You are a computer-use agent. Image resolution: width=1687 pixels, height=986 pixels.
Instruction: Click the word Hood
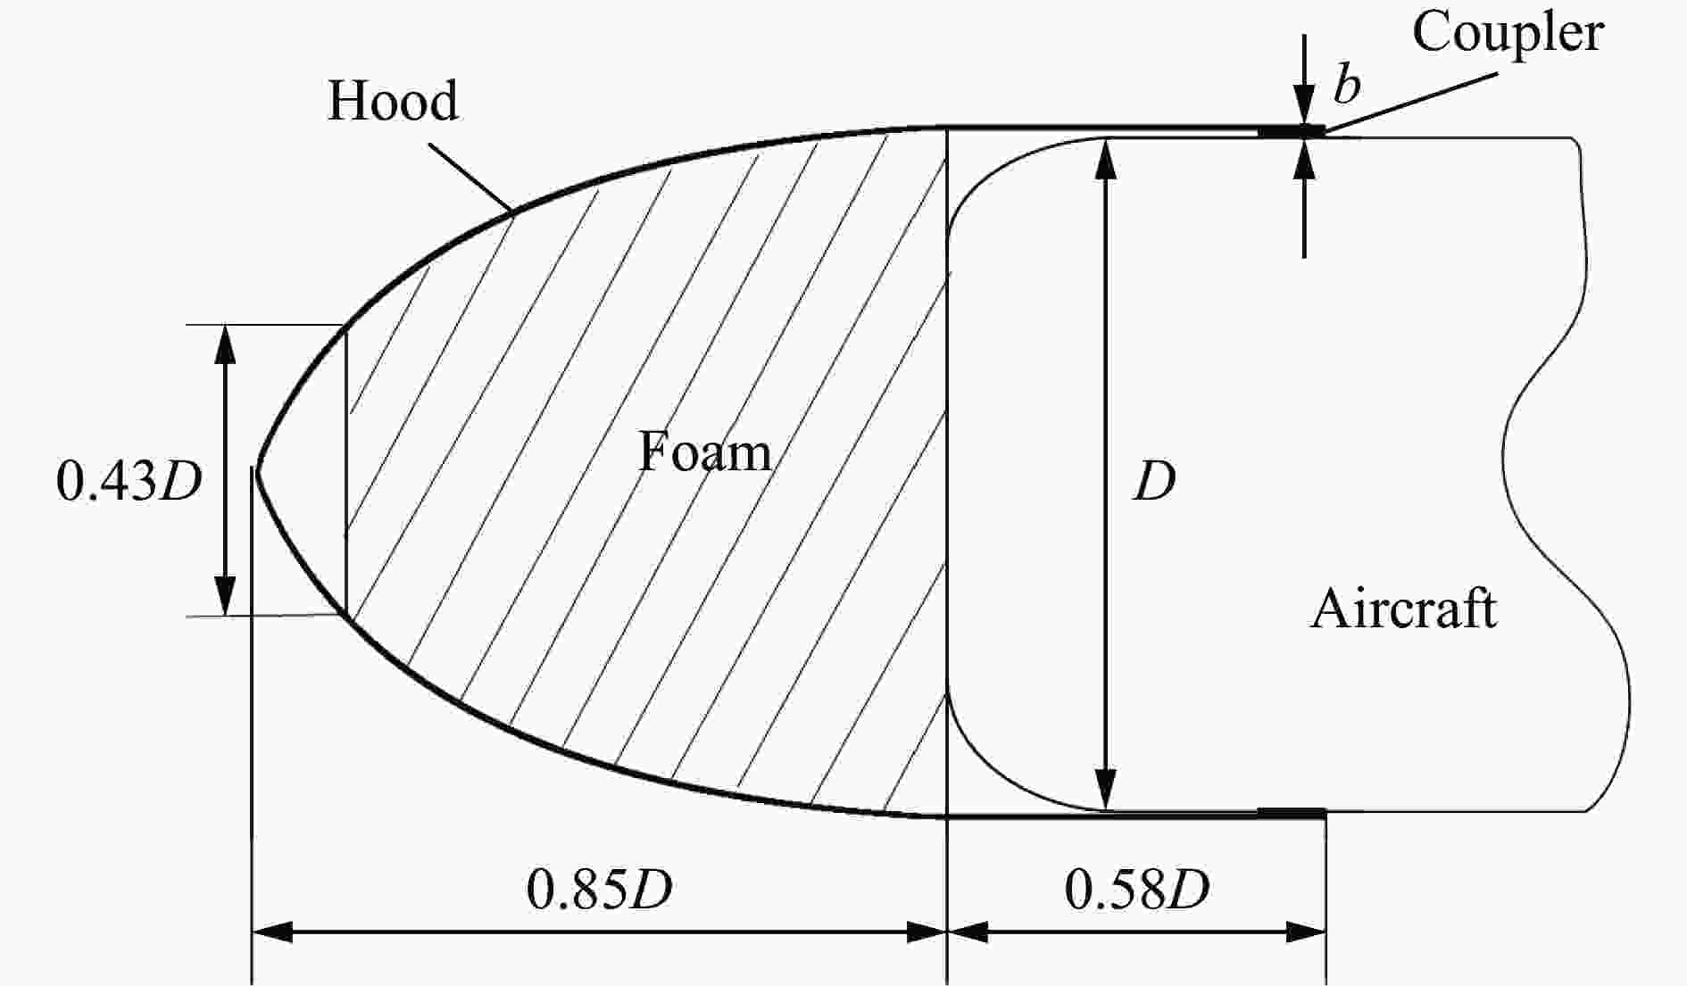[x=393, y=100]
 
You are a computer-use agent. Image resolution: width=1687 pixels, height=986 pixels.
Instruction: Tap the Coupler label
[x=1508, y=34]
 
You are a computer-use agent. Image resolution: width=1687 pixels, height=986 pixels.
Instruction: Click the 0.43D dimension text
[x=129, y=481]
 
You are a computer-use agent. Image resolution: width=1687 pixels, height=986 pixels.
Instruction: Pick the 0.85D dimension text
[x=599, y=890]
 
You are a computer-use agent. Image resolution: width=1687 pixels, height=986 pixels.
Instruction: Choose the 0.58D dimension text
[x=1137, y=890]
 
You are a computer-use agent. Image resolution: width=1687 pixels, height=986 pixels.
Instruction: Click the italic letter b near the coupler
[x=1347, y=85]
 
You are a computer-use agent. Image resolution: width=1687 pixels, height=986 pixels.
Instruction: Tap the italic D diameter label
[x=1154, y=482]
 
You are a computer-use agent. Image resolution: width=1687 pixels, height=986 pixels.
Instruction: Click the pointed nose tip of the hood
[x=257, y=469]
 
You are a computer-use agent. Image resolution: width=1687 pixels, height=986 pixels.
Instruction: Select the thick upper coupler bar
[x=1292, y=132]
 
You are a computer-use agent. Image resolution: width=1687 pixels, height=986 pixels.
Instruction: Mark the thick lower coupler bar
[x=1292, y=813]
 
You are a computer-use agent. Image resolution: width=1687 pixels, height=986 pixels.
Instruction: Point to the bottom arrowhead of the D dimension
[x=1106, y=789]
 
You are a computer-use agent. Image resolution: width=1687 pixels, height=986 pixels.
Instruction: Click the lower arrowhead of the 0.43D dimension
[x=225, y=596]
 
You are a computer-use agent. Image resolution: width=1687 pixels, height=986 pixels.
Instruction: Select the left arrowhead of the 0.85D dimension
[x=272, y=933]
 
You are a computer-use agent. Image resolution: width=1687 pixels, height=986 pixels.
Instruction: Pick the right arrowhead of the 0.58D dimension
[x=1306, y=933]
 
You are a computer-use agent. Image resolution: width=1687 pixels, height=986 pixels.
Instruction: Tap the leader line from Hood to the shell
[x=470, y=177]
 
